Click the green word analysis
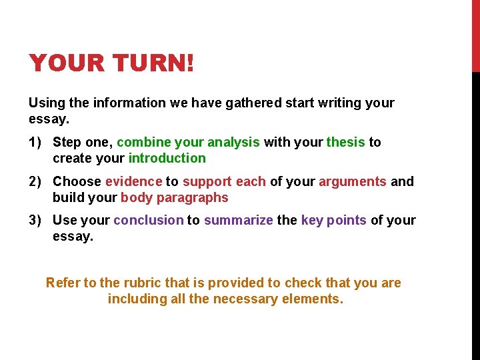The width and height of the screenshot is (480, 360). (x=233, y=142)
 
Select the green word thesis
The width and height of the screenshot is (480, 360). (x=345, y=142)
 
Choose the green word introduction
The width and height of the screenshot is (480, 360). (x=167, y=158)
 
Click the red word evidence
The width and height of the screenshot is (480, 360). (x=133, y=181)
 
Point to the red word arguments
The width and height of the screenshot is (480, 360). (x=353, y=181)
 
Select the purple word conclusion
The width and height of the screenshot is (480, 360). (x=148, y=220)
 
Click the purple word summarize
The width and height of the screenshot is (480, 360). (x=238, y=220)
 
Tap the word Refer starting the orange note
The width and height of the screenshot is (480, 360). (x=62, y=283)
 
